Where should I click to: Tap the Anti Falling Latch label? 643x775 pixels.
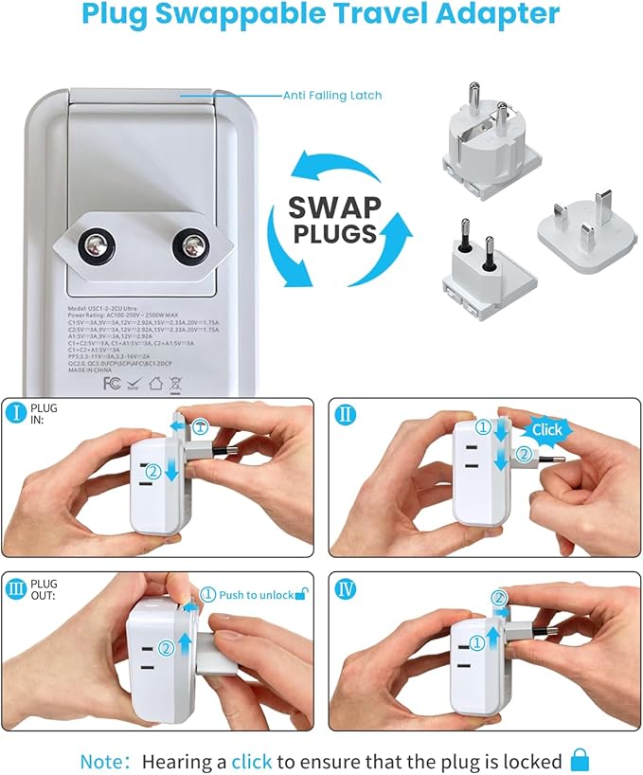point(332,96)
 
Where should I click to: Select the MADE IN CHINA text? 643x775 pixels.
point(90,369)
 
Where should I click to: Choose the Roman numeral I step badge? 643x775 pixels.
point(17,413)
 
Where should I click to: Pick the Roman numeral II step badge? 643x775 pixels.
point(346,413)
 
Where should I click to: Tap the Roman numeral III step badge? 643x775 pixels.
point(17,587)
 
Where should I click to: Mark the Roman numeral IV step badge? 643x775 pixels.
point(346,587)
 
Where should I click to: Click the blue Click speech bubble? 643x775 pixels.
point(546,429)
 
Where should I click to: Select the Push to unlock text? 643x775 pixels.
point(257,595)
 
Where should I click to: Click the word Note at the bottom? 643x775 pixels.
point(100,761)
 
